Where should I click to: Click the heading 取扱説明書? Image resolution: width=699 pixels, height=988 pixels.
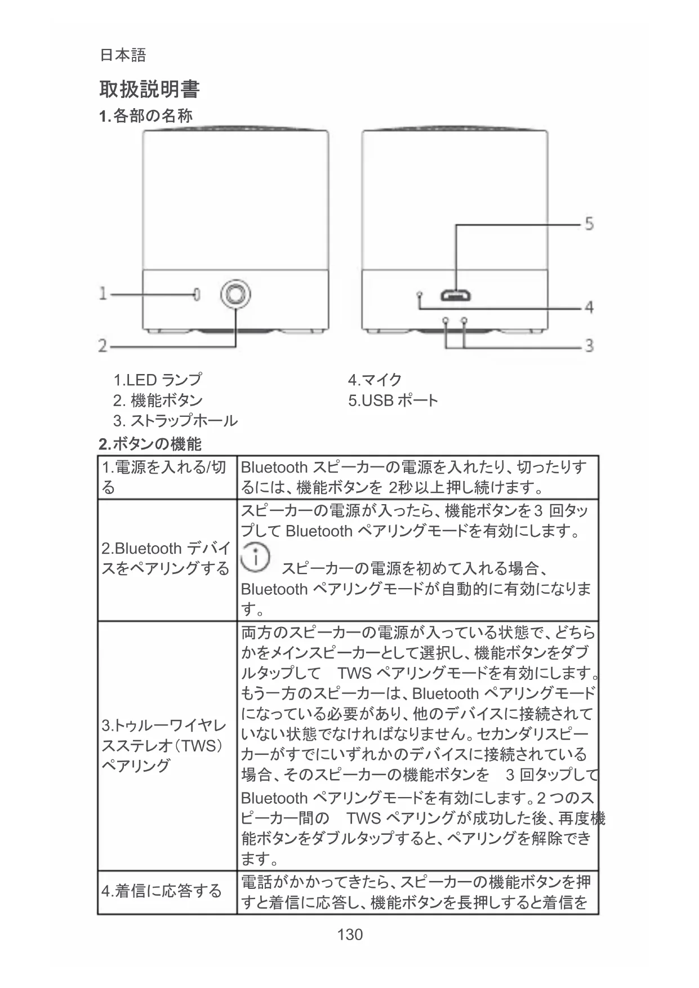click(149, 89)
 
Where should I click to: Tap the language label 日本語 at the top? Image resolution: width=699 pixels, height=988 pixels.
click(123, 55)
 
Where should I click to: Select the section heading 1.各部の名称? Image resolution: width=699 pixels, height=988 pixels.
click(145, 116)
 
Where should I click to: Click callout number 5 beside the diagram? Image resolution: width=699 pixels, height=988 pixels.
click(589, 224)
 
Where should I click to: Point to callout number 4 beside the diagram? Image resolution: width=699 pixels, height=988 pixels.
click(589, 308)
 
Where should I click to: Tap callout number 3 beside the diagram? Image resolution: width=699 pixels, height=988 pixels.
click(589, 345)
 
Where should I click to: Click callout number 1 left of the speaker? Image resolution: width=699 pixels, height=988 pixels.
click(103, 293)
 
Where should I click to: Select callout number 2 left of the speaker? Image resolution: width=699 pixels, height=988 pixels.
click(103, 345)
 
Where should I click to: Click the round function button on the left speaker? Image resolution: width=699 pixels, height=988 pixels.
click(235, 294)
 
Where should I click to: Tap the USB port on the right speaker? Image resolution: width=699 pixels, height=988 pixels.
click(456, 295)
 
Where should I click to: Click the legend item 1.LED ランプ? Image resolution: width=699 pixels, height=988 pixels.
click(157, 380)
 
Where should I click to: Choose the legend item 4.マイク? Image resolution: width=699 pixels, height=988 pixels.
click(375, 380)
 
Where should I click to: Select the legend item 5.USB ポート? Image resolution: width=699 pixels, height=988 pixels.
click(393, 400)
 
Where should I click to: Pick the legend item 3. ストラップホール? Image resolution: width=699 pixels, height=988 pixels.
click(175, 421)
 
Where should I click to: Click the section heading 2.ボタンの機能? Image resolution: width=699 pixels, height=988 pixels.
click(150, 444)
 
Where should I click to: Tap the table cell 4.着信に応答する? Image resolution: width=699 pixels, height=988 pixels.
click(162, 891)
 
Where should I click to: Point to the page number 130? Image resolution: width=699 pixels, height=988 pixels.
click(350, 935)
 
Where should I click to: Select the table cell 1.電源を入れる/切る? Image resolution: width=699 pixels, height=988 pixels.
click(164, 477)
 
